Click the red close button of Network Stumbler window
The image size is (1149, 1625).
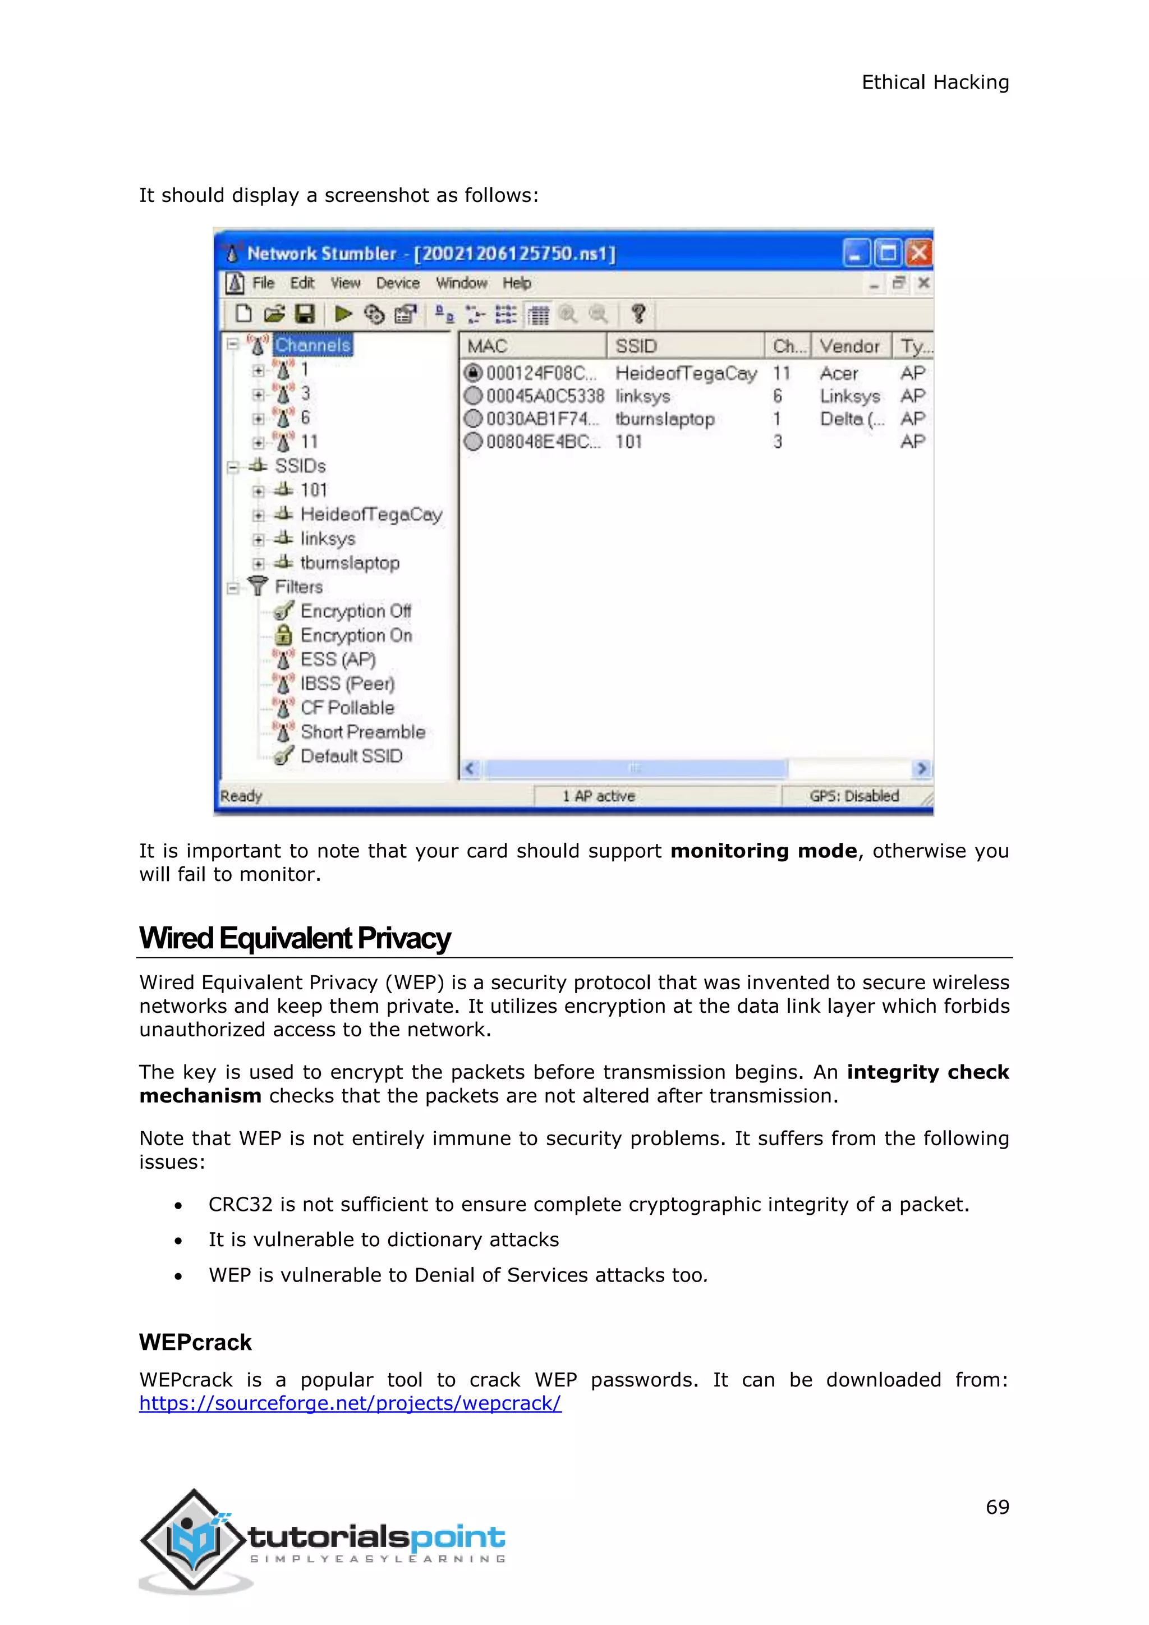pos(919,253)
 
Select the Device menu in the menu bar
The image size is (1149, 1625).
pos(398,283)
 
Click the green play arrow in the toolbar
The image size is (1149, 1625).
pos(344,314)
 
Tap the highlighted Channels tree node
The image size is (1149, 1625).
pos(312,346)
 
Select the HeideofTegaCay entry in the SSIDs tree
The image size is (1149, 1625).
pos(371,515)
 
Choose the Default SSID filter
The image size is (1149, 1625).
pos(351,756)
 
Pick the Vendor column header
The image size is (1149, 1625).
pos(850,346)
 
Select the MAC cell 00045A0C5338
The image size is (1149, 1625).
pos(544,396)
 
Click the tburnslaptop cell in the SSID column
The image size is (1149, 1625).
pos(664,419)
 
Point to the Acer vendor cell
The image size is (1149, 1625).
pos(838,373)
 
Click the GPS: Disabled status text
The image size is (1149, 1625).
pos(854,796)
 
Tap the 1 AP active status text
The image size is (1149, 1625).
pos(599,796)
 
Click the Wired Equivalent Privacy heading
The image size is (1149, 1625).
pos(295,939)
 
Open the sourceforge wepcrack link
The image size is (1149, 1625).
pos(350,1403)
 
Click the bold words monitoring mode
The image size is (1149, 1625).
pos(764,851)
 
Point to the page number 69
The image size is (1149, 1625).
pos(997,1508)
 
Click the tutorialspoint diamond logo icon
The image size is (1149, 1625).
pos(193,1539)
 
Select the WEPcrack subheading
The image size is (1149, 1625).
pos(195,1343)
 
